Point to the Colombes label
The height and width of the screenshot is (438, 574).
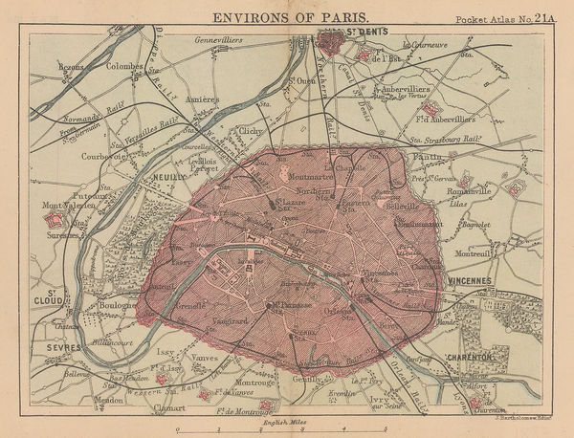point(124,67)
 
